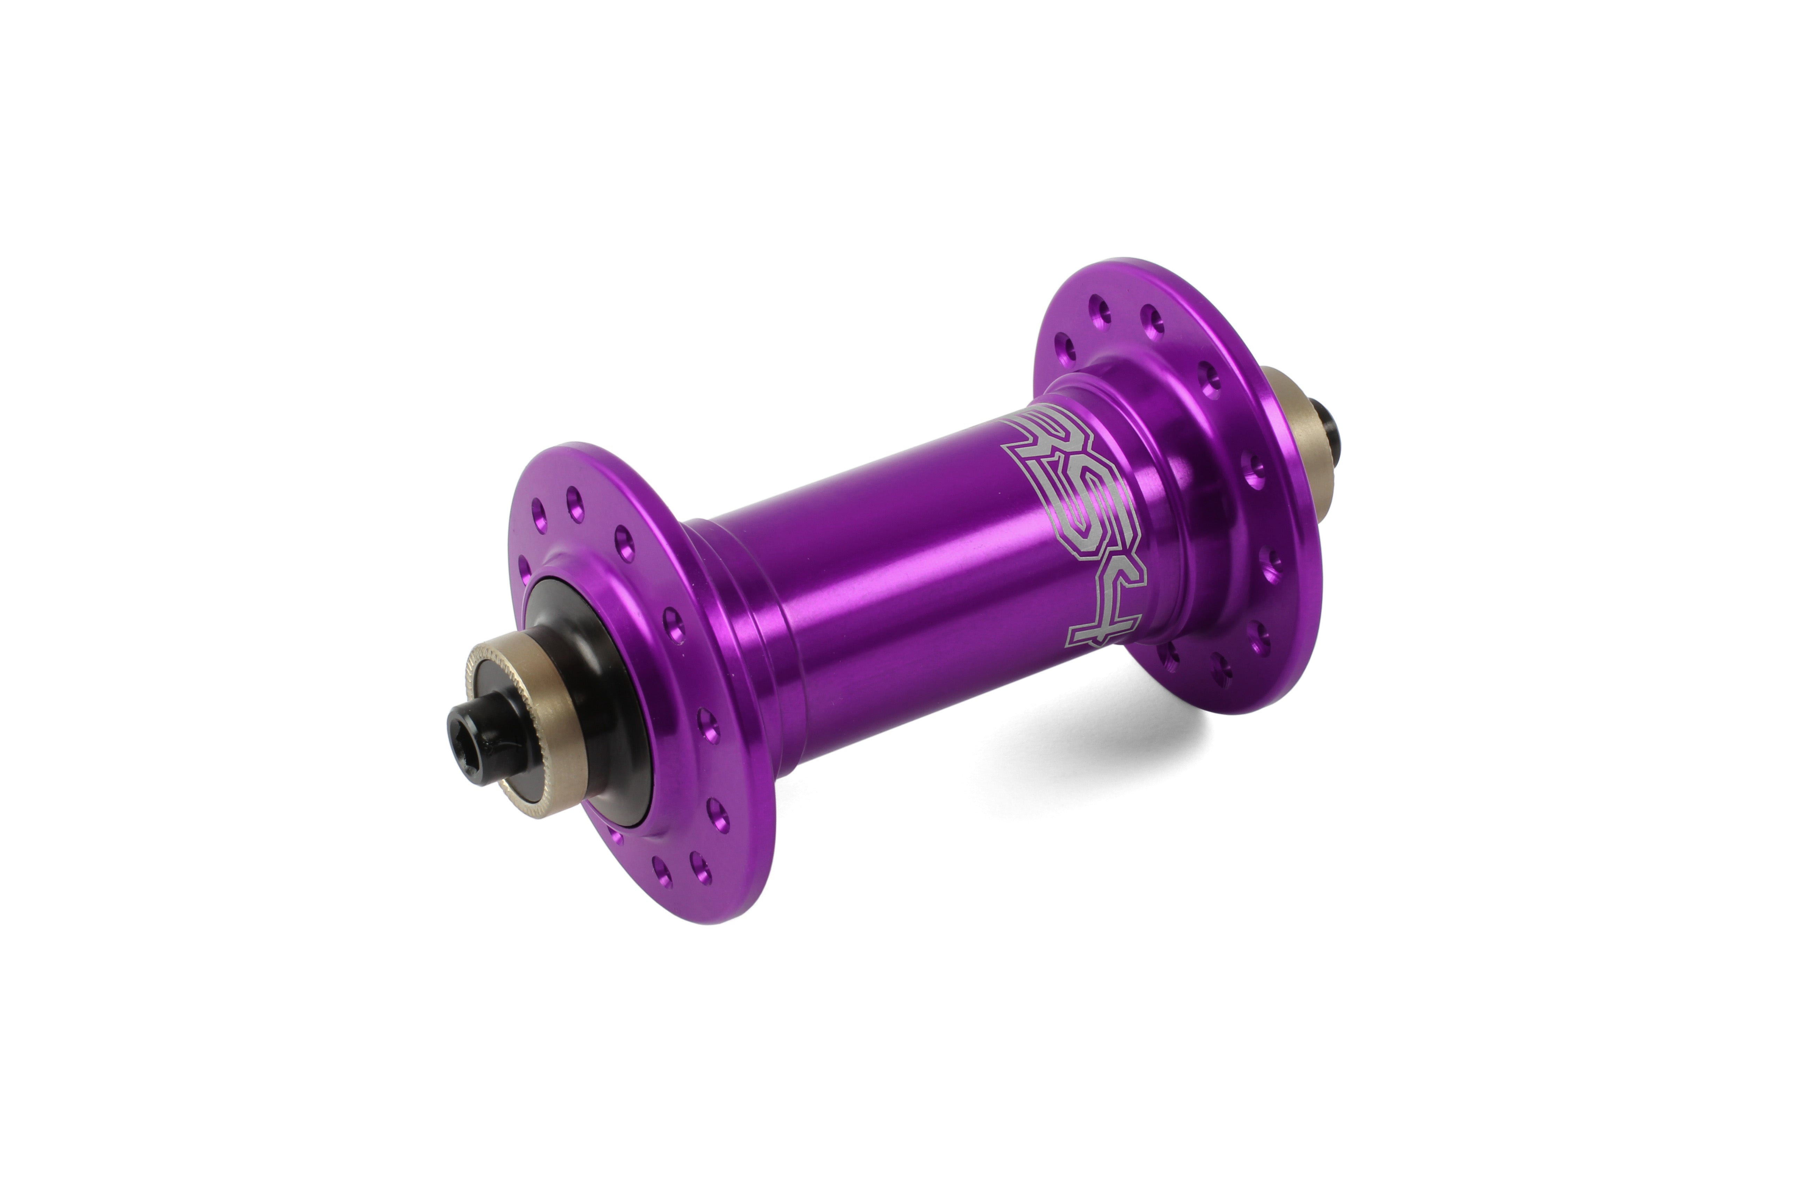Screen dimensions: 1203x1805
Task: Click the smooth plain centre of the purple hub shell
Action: pos(883,583)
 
